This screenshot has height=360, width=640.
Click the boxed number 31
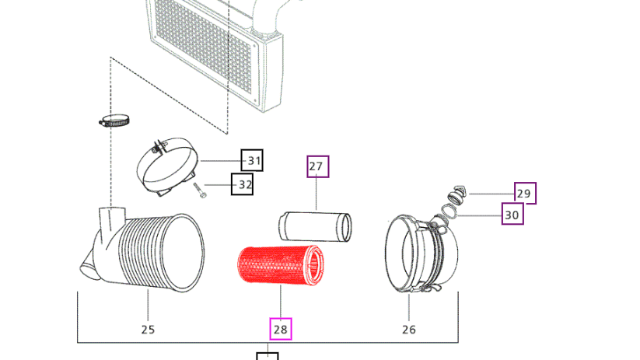pyautogui.click(x=252, y=160)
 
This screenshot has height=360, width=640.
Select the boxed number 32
pyautogui.click(x=242, y=184)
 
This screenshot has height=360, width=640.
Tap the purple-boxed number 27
pyautogui.click(x=318, y=166)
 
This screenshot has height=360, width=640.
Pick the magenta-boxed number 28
pyautogui.click(x=281, y=329)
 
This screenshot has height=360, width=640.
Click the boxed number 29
pyautogui.click(x=526, y=193)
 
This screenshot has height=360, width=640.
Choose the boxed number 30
pyautogui.click(x=512, y=214)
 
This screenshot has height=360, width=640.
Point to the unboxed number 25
pyautogui.click(x=149, y=330)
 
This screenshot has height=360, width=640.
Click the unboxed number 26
pyautogui.click(x=409, y=330)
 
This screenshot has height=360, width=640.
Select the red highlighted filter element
pyautogui.click(x=281, y=265)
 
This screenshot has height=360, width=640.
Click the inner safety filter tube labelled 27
pyautogui.click(x=315, y=226)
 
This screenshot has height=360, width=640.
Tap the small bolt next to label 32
pyautogui.click(x=199, y=190)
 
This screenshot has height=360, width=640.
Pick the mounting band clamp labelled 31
pyautogui.click(x=167, y=166)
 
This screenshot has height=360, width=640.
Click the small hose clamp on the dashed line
pyautogui.click(x=114, y=121)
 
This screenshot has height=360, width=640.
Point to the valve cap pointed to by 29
pyautogui.click(x=457, y=194)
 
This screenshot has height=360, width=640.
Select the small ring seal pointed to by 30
pyautogui.click(x=449, y=211)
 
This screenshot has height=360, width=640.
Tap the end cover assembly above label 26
pyautogui.click(x=421, y=254)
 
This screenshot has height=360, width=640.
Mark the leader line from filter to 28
pyautogui.click(x=281, y=302)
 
